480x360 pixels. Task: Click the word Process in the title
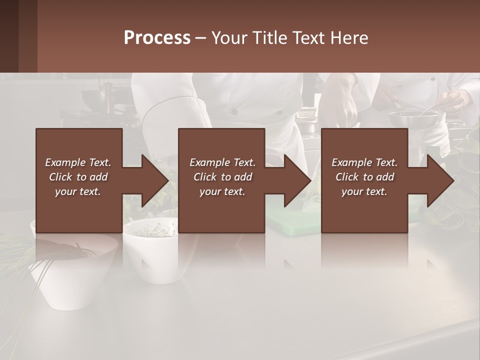(x=157, y=38)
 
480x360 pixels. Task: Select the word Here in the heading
(x=349, y=38)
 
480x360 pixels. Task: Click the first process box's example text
(x=78, y=177)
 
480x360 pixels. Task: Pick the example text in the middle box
(x=222, y=177)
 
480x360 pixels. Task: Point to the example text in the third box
(x=364, y=177)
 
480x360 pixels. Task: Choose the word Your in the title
(x=229, y=38)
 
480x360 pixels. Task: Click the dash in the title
(x=200, y=38)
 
